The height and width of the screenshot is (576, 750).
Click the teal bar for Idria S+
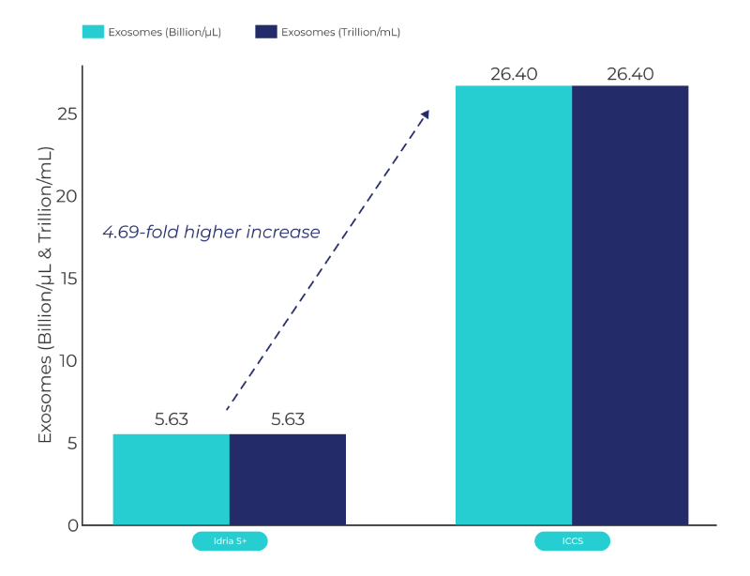pos(171,479)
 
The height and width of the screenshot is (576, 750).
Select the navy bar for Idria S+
pos(287,479)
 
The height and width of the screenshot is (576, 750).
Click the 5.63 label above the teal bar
pos(172,419)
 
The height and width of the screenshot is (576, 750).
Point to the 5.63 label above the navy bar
pos(288,419)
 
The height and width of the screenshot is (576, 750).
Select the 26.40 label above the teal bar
pos(514,74)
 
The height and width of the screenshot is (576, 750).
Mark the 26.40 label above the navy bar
pos(630,74)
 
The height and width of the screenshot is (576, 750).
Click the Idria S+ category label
pos(230,541)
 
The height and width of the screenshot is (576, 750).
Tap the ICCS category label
pos(572,541)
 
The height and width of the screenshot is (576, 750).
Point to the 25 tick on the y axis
pos(67,114)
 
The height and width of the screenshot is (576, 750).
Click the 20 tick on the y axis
pos(67,196)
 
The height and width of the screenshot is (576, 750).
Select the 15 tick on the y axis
pos(67,279)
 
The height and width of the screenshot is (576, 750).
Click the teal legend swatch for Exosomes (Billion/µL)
pos(95,32)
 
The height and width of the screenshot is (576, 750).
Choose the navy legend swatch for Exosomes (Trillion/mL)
pos(266,32)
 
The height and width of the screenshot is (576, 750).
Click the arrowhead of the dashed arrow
pos(425,114)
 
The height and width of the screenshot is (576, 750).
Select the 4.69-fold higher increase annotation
pos(211,232)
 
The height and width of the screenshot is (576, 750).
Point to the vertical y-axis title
pos(44,295)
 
